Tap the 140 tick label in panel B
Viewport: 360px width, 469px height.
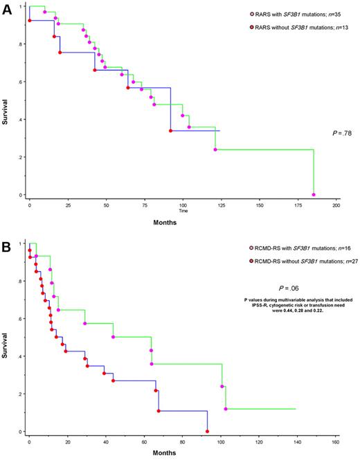[x=296, y=442]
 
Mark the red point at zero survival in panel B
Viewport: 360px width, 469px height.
[x=208, y=432]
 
